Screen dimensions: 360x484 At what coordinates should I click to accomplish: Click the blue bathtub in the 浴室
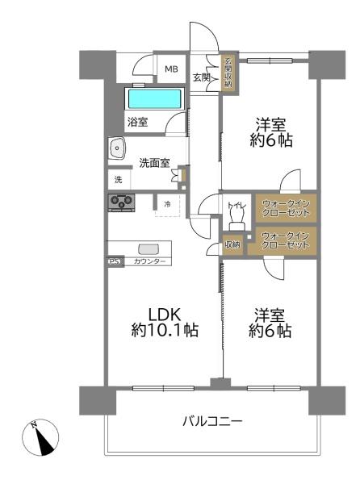tap(154, 98)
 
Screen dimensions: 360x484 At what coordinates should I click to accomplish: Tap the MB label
tap(171, 69)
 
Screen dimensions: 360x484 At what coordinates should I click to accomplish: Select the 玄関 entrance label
tap(202, 77)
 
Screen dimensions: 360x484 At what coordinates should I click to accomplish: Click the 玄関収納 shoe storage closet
tap(228, 73)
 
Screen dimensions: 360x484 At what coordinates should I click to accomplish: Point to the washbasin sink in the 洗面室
tap(117, 148)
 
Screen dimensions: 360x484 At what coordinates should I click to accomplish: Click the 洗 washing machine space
tap(119, 179)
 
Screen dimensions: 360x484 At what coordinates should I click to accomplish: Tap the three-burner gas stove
tap(121, 202)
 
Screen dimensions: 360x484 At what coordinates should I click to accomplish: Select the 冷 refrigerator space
tap(167, 204)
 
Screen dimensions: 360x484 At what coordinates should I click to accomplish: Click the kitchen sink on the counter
tap(149, 249)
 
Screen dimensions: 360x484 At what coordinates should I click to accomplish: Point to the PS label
tap(115, 261)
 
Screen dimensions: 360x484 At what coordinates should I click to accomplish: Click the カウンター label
tap(149, 261)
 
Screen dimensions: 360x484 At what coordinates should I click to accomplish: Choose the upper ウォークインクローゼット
tap(286, 208)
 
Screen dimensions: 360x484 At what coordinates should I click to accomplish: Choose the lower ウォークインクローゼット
tap(285, 240)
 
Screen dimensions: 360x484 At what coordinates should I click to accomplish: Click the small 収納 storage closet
tap(232, 244)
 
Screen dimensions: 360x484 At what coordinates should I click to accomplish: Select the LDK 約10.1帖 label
tap(165, 322)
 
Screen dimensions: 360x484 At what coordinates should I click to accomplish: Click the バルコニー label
tap(213, 421)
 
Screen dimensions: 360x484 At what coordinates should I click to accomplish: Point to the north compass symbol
tap(40, 437)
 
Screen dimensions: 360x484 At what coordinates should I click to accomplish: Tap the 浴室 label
tap(138, 123)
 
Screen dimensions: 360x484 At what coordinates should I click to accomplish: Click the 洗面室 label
tap(154, 163)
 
